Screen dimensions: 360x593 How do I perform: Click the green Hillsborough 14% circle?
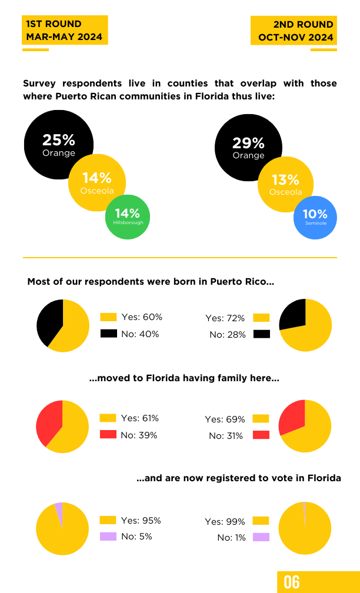(128, 217)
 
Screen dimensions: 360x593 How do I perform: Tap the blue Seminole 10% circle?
(315, 218)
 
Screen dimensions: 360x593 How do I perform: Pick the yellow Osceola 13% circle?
(285, 185)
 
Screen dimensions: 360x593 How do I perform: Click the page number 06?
(292, 582)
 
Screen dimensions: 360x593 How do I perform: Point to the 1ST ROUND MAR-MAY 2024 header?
(65, 30)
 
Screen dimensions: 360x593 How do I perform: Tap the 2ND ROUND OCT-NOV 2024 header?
(294, 31)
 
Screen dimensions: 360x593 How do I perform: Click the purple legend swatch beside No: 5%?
(108, 537)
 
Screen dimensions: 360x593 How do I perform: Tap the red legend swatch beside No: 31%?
(261, 435)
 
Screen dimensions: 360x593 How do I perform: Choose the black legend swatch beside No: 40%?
(108, 334)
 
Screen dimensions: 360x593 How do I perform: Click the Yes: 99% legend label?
(225, 521)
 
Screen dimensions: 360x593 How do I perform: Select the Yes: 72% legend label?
(225, 318)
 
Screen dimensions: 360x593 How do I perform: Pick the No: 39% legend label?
(139, 435)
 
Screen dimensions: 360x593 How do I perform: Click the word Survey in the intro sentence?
(41, 84)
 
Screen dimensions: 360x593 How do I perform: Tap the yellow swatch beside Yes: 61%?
(108, 418)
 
